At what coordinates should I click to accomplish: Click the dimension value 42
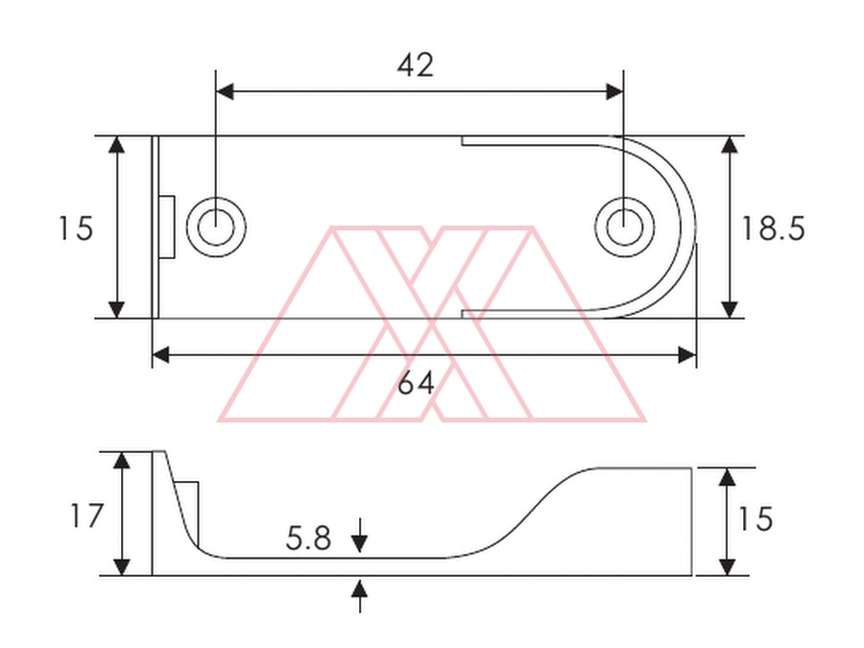[416, 65]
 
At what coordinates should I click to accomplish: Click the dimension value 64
[416, 383]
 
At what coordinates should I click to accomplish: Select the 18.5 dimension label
[774, 228]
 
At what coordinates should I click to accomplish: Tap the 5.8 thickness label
[308, 539]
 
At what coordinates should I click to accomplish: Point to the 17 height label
[87, 516]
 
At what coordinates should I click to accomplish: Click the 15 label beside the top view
[76, 228]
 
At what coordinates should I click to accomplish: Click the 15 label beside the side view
[756, 519]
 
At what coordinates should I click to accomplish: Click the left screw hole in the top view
[216, 227]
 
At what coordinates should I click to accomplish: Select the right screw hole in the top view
[624, 227]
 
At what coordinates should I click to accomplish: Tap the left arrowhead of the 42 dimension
[225, 91]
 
